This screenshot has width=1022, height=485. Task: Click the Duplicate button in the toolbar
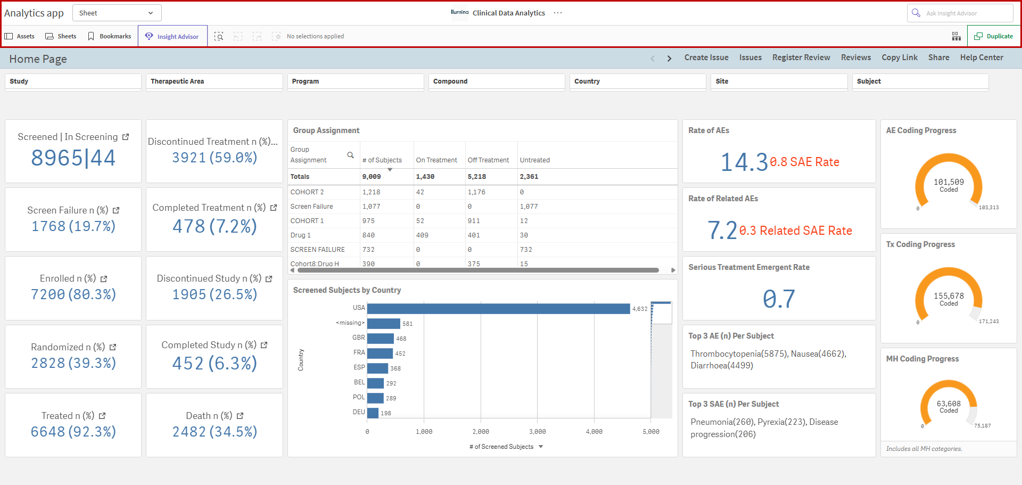coord(993,36)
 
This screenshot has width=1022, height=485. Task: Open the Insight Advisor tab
coord(172,36)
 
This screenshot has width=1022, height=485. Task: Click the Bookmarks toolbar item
coord(110,36)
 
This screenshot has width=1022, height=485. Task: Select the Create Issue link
coord(706,57)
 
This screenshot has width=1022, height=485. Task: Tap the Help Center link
coord(982,57)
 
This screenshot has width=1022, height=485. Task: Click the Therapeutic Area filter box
coord(214,82)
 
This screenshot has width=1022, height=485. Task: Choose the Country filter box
coord(638,82)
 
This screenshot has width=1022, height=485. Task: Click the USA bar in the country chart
coord(498,309)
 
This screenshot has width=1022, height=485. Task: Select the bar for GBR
coord(380,339)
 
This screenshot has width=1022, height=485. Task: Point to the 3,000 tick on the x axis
coord(537,432)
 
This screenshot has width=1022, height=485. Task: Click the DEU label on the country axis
coord(359,412)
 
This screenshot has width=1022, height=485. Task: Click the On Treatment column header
coord(436,160)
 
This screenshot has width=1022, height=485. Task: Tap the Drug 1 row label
coord(300,235)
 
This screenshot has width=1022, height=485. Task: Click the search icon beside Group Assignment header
coord(350,155)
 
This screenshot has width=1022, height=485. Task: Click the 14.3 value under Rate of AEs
coord(744,162)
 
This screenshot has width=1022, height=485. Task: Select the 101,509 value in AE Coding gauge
coord(949,182)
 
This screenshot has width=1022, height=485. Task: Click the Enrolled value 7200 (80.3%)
coord(73,294)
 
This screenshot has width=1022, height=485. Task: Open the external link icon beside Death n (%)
coord(240,416)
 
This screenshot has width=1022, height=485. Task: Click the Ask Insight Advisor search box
coord(960,13)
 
